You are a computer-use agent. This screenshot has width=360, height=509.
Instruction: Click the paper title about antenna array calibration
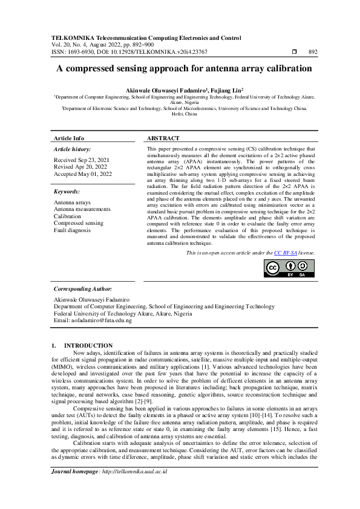pos(184,69)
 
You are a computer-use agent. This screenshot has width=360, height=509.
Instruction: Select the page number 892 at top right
pos(313,52)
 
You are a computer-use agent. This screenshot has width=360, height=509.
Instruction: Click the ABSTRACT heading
pos(163,138)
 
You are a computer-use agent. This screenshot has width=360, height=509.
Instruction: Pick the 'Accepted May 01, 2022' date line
pos(83,174)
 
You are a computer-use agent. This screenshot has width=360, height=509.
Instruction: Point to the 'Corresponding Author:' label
pos(83,290)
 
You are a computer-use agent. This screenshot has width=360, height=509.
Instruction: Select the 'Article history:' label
pos(73,149)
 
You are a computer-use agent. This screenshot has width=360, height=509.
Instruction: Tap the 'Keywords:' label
pos(67,191)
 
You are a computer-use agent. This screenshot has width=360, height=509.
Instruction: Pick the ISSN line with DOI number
pos(135,52)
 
